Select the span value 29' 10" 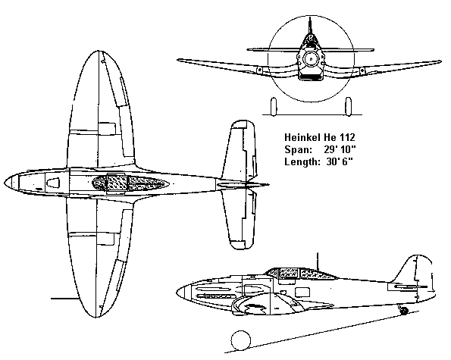point(340,149)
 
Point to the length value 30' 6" point(340,161)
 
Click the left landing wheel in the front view point(274,107)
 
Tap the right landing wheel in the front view point(348,107)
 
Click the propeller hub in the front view point(311,60)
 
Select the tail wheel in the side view point(404,310)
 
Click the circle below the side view point(241,340)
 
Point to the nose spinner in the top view point(11,183)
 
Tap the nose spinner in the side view point(181,293)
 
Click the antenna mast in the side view point(318,261)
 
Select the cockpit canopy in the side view point(301,273)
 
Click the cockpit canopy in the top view point(130,183)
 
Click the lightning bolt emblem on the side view point(255,308)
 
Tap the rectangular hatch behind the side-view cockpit point(302,292)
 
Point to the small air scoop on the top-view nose point(53,183)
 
